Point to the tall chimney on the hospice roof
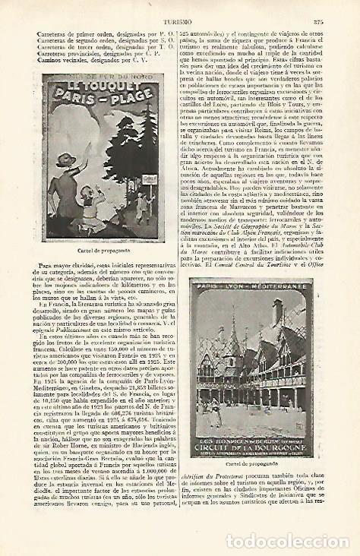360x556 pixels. tap(278, 312)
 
